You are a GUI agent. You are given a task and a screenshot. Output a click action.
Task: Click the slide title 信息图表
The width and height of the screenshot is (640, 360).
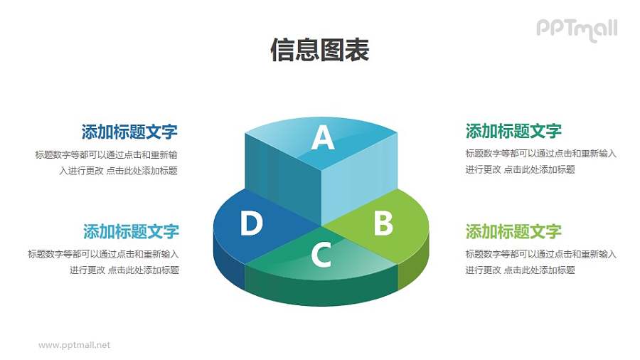(319, 51)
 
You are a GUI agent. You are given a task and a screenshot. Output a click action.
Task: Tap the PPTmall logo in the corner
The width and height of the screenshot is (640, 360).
(576, 29)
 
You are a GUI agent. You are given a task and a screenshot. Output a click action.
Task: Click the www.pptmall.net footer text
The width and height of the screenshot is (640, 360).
(74, 345)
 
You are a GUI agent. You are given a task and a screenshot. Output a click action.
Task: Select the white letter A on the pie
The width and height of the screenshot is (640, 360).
(323, 138)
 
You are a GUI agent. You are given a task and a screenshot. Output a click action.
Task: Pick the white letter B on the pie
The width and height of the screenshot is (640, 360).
(383, 224)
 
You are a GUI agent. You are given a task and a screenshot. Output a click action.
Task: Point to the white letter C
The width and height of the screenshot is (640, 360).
(321, 255)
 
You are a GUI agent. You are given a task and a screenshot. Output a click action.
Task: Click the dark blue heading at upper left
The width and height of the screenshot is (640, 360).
(129, 132)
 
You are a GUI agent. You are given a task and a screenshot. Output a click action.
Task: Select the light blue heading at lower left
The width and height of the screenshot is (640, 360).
(131, 231)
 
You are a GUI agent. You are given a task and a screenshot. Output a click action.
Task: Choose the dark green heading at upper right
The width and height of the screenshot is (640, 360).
(513, 131)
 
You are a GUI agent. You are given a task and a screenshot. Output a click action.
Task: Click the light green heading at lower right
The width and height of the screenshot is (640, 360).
(513, 231)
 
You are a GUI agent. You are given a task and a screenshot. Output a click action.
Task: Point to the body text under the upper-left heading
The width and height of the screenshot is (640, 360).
(107, 162)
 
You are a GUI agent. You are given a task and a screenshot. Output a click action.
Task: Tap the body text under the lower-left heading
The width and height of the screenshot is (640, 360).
(104, 262)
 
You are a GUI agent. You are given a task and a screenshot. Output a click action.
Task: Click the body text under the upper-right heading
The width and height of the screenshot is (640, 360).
(540, 162)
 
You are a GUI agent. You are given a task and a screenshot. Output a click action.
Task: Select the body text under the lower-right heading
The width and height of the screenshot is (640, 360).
(540, 262)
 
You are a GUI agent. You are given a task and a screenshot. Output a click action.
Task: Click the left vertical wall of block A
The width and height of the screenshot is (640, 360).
(283, 174)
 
